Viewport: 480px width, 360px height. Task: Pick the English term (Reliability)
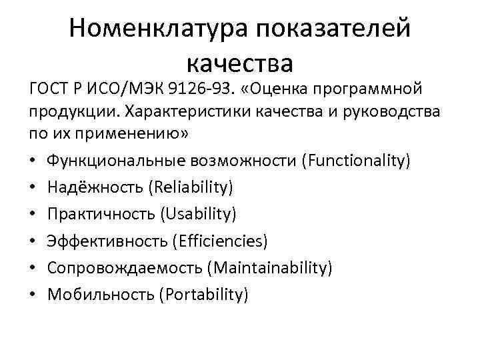193,187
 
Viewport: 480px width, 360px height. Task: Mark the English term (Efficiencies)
219,241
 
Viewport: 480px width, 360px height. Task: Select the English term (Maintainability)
269,267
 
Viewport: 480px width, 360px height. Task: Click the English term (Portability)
203,294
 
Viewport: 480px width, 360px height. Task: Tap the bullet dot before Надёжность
33,188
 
